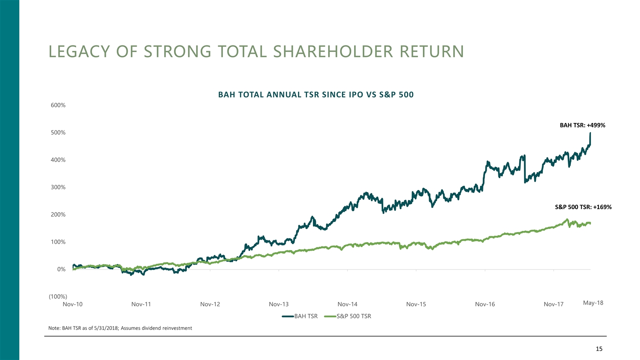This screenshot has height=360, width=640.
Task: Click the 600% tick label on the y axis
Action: click(x=58, y=105)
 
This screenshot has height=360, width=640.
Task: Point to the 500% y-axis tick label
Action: click(x=58, y=132)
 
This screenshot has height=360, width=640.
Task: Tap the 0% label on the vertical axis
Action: click(x=61, y=269)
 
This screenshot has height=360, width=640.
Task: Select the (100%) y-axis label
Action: click(x=58, y=297)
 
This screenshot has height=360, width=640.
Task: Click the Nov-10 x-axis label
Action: click(x=72, y=304)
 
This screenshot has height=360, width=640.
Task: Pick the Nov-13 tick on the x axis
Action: click(x=279, y=304)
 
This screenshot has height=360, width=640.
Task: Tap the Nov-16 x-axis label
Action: click(x=485, y=304)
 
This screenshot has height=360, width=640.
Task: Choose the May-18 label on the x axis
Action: click(x=593, y=303)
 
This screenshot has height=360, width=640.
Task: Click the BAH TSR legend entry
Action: click(x=305, y=316)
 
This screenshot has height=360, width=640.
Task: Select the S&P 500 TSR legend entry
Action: click(x=353, y=316)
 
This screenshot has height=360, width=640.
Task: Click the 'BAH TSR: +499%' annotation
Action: click(x=582, y=125)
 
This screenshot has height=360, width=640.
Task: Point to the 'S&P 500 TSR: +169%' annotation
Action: click(x=583, y=207)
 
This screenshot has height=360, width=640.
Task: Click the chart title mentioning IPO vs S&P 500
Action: click(x=316, y=95)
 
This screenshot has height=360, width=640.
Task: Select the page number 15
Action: click(x=599, y=349)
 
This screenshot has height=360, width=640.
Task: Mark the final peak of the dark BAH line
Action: click(x=590, y=133)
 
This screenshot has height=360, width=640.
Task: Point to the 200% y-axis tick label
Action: click(x=58, y=215)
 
